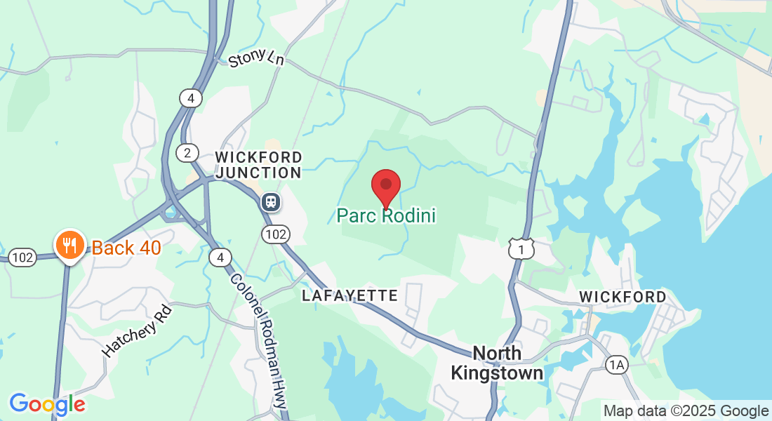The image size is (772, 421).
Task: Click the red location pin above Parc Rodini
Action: click(385, 186)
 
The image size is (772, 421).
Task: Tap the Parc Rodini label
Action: click(386, 215)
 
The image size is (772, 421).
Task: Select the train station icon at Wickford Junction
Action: click(270, 203)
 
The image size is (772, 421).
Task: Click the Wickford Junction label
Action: click(259, 165)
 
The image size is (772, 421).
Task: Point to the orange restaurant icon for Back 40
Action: click(69, 245)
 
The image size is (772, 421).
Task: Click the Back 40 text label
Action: click(126, 248)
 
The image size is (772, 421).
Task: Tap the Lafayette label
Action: click(350, 296)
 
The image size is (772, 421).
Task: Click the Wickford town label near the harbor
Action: click(623, 298)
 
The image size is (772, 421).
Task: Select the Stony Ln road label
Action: click(256, 58)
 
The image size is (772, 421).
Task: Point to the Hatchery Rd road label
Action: click(137, 330)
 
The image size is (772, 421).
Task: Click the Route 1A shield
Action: click(616, 364)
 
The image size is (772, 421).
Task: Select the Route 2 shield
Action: click(187, 153)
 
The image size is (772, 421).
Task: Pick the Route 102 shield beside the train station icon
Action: click(275, 234)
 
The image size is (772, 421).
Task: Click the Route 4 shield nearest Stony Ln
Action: click(190, 98)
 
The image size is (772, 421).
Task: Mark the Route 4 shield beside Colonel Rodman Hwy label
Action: click(220, 258)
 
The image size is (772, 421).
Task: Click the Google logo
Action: click(47, 404)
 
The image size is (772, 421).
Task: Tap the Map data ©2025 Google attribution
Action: click(686, 411)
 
